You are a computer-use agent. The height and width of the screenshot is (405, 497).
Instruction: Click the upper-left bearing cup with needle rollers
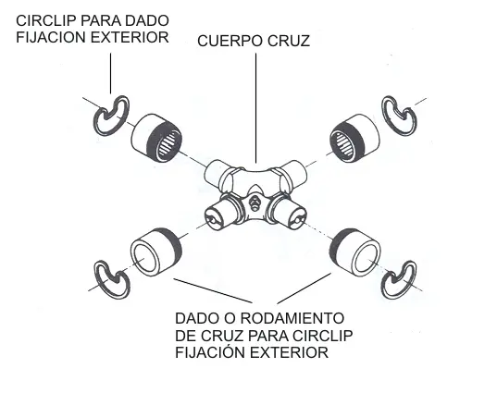pyautogui.click(x=156, y=138)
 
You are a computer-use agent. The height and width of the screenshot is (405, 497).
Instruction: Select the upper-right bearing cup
pyautogui.click(x=354, y=138)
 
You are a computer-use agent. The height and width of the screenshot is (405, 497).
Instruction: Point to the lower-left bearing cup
pyautogui.click(x=155, y=252)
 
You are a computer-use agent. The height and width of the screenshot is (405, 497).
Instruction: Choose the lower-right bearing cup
pyautogui.click(x=355, y=252)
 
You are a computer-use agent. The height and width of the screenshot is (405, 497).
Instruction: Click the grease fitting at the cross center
pyautogui.click(x=254, y=202)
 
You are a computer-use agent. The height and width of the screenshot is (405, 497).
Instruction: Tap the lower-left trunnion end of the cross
pyautogui.click(x=217, y=216)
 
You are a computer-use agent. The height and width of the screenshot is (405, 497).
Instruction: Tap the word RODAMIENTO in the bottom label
pyautogui.click(x=292, y=318)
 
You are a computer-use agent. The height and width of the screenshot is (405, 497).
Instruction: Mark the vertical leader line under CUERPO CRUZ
pyautogui.click(x=255, y=107)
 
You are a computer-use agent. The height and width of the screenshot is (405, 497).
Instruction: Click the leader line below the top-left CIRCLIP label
pyautogui.click(x=110, y=73)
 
